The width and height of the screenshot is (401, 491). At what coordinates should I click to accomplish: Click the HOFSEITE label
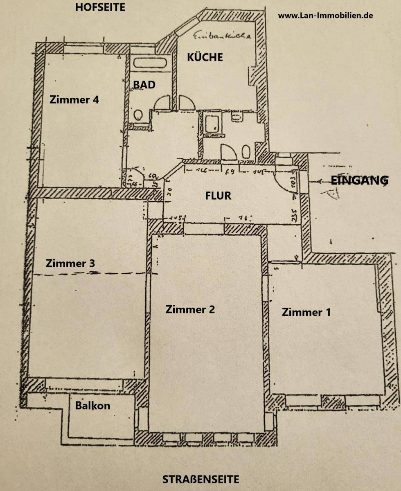[100, 7]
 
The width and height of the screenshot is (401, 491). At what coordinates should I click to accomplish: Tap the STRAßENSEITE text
[200, 479]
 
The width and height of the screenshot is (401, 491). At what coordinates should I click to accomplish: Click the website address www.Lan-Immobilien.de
[325, 16]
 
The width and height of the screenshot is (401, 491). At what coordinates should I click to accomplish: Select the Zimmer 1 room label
[306, 312]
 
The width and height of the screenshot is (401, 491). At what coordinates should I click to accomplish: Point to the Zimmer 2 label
[190, 309]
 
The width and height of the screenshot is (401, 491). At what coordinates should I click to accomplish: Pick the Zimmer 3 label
[70, 263]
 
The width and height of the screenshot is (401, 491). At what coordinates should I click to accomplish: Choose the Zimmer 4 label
[74, 99]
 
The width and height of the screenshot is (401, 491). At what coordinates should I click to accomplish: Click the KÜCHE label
[205, 57]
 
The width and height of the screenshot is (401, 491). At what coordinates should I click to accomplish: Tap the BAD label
[144, 85]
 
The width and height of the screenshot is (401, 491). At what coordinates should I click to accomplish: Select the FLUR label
[218, 196]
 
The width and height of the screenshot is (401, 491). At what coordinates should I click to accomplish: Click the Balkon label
[92, 406]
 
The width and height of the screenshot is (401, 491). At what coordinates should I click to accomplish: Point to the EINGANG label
[359, 180]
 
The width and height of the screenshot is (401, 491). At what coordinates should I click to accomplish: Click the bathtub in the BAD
[150, 63]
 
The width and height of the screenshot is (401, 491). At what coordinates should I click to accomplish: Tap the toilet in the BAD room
[138, 115]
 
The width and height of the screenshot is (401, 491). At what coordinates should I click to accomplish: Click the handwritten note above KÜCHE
[221, 36]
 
